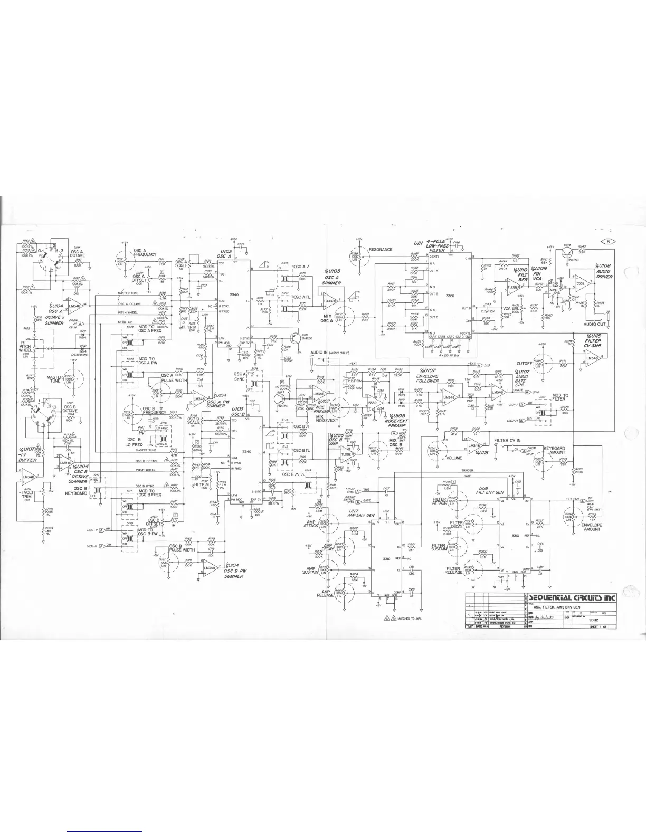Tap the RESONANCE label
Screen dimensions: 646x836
(x=381, y=249)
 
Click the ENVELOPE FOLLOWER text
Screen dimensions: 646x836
(x=427, y=377)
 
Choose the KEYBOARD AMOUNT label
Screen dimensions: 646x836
(x=555, y=449)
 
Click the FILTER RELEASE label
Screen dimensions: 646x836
(x=453, y=570)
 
